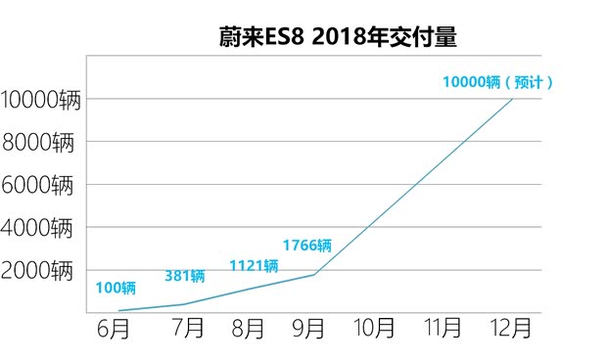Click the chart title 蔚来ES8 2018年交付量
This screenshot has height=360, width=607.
338,37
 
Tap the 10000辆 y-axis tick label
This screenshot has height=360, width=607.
39,99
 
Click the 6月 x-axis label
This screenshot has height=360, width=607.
116,329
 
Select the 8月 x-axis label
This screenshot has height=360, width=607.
248,329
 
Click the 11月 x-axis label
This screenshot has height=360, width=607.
443,329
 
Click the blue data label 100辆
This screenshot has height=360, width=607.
117,288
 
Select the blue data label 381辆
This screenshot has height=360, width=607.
185,276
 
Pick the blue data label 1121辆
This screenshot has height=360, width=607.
254,265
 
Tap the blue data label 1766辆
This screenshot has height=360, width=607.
306,245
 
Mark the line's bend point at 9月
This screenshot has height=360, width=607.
314,274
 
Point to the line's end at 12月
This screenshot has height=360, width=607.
512,99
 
